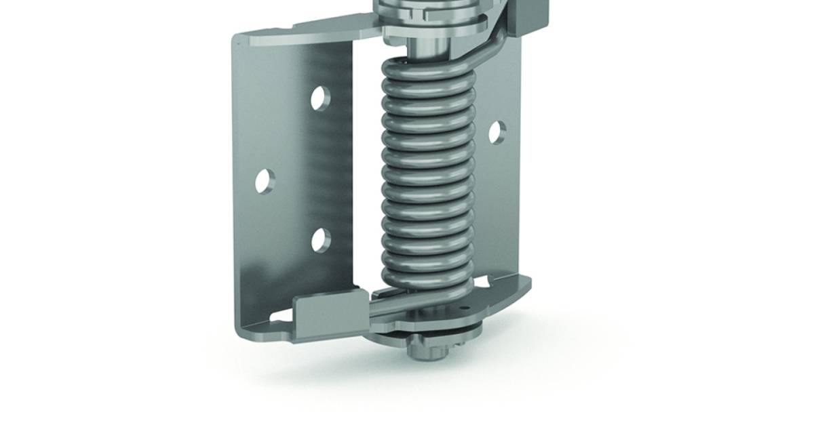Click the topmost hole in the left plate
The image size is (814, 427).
[x=321, y=99]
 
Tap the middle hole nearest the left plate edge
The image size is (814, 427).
[x=265, y=182]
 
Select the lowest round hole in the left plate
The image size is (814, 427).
[x=321, y=239]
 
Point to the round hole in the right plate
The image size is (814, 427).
[x=497, y=132]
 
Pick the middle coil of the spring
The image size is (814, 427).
[x=425, y=178]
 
